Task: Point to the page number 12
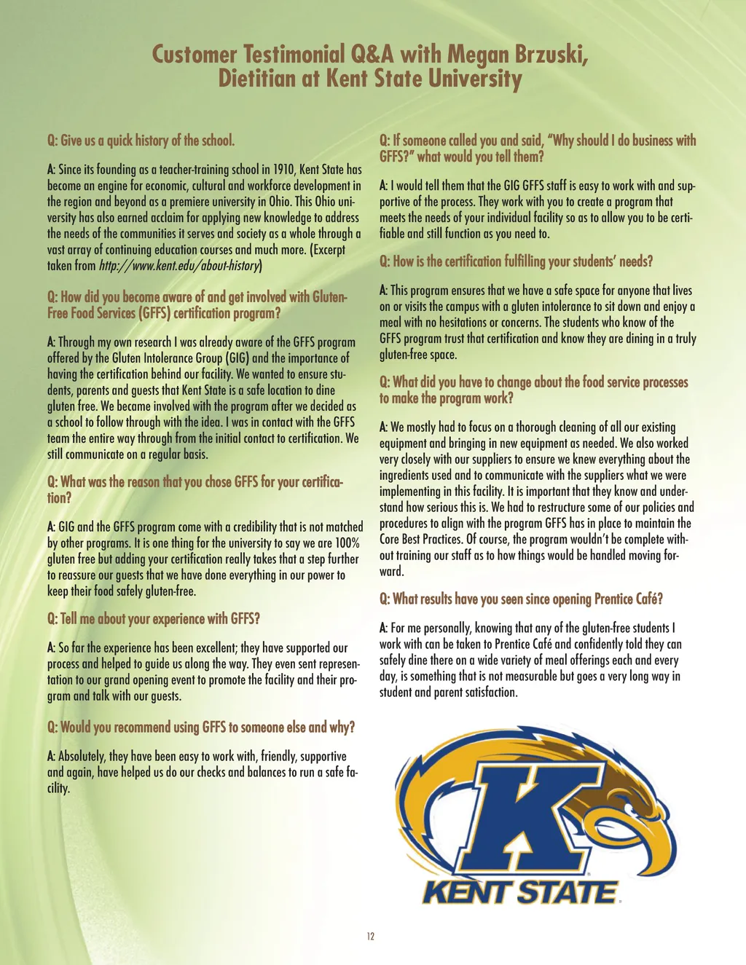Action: [371, 937]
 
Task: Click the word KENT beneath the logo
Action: [468, 892]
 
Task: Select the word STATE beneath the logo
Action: [570, 892]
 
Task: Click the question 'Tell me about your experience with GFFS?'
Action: [154, 619]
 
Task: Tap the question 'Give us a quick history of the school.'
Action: [141, 141]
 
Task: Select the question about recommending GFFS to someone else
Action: [201, 728]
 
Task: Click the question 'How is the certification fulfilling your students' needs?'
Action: [516, 261]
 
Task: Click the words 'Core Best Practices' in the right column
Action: [420, 540]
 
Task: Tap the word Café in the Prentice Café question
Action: [648, 599]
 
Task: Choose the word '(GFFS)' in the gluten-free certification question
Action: [160, 314]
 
